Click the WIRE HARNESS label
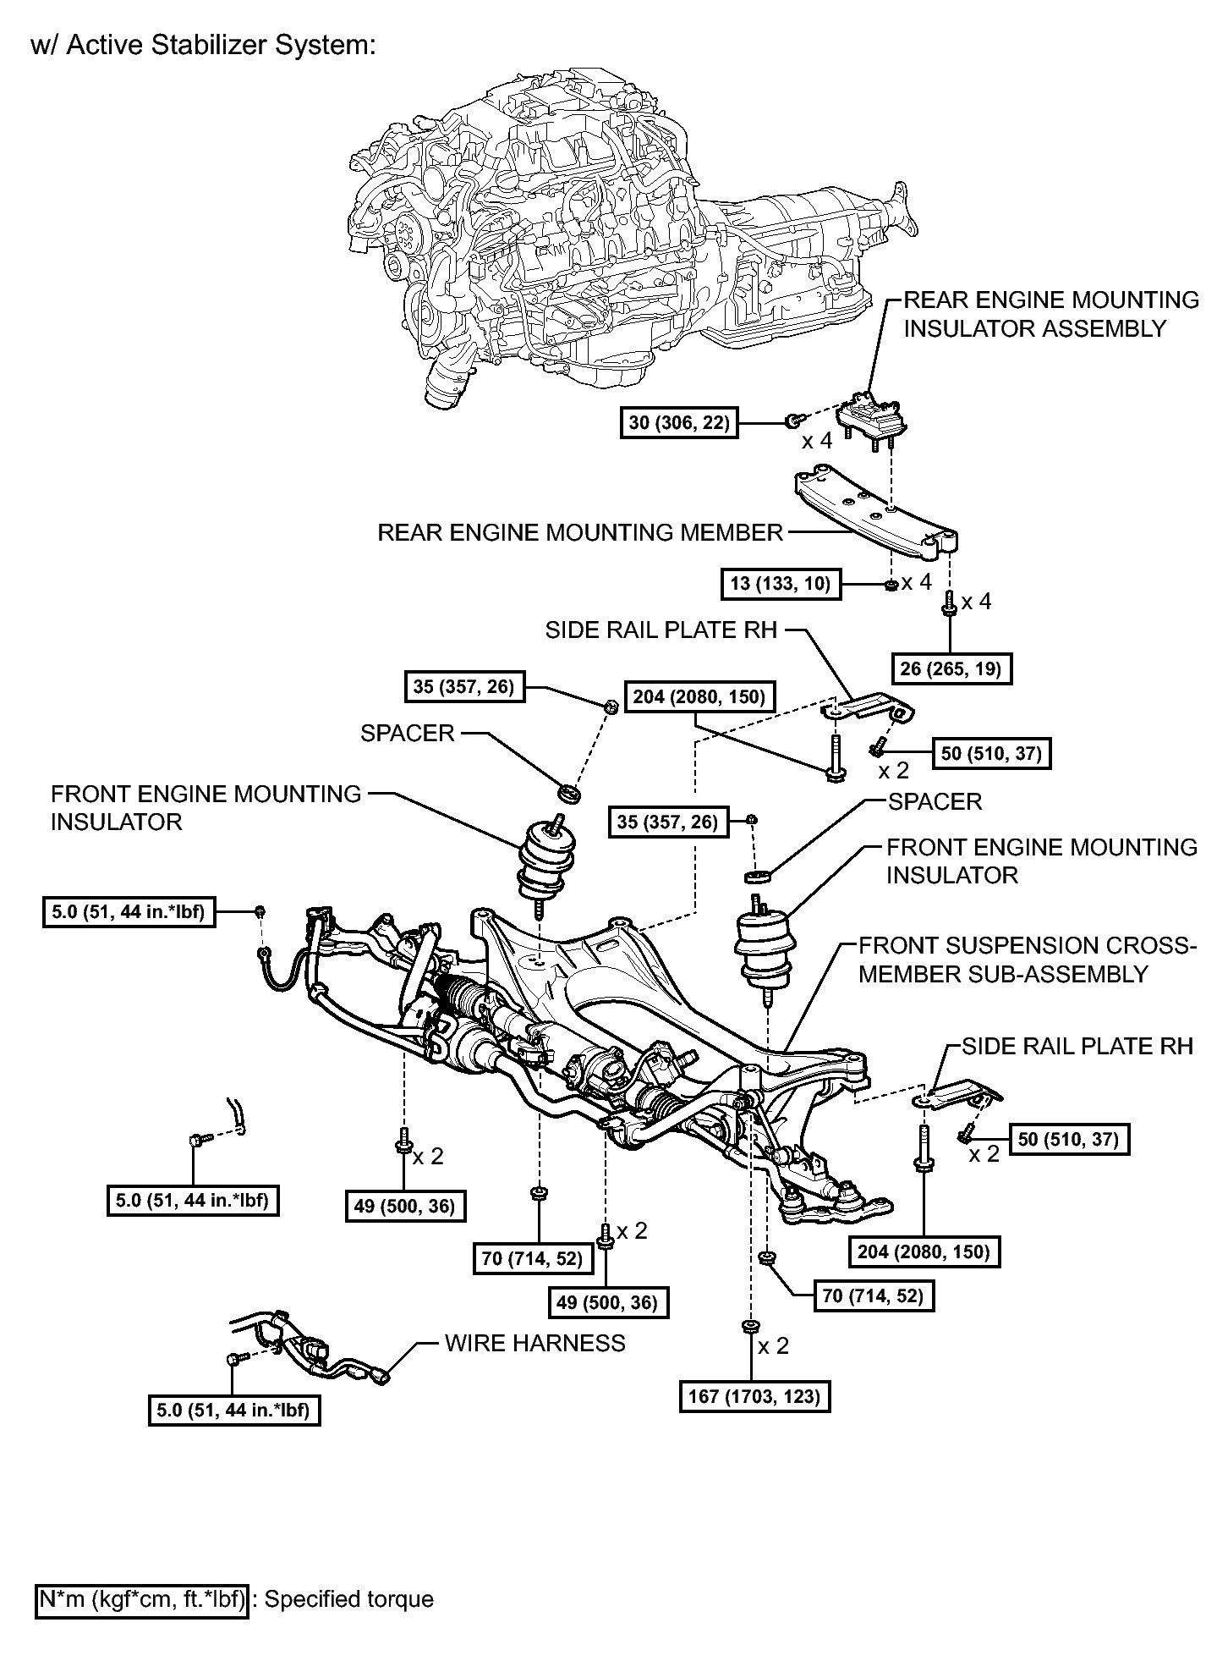(535, 1343)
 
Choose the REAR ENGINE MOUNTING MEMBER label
(580, 532)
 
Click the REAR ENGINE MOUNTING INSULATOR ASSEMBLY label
(1051, 314)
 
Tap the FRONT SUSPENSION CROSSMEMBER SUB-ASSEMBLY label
(1028, 960)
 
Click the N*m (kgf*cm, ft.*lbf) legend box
(142, 1599)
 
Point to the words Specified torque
(349, 1599)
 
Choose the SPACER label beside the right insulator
(935, 801)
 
